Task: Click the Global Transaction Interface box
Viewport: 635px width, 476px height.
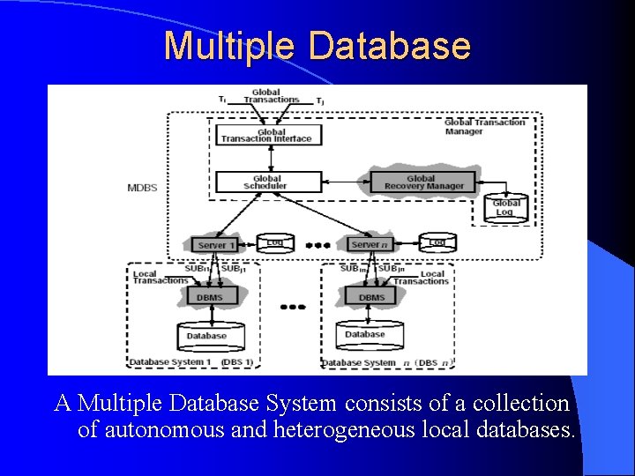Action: click(266, 135)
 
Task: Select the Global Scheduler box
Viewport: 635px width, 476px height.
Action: click(266, 182)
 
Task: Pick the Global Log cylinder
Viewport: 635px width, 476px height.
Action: click(506, 207)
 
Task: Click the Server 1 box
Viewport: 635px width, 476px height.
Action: click(215, 245)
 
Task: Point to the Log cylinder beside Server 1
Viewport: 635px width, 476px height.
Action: click(275, 242)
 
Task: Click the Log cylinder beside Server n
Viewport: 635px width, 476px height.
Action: click(436, 242)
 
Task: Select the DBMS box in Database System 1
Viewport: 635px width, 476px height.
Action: click(209, 297)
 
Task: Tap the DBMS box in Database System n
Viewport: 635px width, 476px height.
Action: click(371, 297)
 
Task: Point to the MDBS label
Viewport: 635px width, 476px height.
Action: click(142, 187)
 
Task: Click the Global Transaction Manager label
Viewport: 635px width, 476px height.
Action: click(484, 127)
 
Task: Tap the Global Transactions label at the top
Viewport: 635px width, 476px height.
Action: click(266, 95)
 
